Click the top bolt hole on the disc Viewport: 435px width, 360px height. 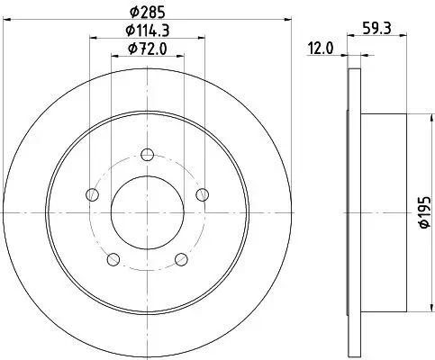(147, 154)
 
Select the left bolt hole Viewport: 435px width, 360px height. (91, 194)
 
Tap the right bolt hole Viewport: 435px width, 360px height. (203, 194)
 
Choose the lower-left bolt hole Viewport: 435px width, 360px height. (113, 260)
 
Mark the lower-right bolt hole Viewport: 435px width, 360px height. (181, 260)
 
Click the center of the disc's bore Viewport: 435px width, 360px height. (147, 212)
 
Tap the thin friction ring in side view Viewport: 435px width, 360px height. (351, 212)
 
